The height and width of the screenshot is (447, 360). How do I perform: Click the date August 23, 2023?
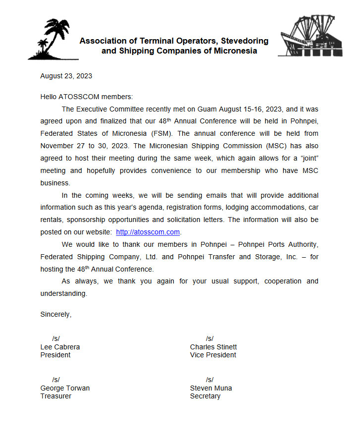coord(66,76)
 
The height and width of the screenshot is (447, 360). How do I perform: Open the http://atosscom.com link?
coord(148,232)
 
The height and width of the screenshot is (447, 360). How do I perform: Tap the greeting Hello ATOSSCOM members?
coord(86,97)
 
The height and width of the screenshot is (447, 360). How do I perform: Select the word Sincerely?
coord(55,314)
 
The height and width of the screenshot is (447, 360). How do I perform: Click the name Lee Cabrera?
coord(60,347)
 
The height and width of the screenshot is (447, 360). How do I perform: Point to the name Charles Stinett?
coord(213,347)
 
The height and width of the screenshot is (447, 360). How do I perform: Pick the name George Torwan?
coord(65,388)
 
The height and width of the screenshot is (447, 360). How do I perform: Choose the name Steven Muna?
coord(211,388)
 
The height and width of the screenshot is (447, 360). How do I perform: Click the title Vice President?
coord(213,355)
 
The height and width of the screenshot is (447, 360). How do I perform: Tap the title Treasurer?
coord(55,396)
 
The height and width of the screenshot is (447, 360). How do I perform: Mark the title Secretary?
coord(205,396)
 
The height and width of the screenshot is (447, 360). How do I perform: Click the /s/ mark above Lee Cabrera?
coord(56,338)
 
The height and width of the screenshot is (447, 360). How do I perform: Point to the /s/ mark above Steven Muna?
coord(210,380)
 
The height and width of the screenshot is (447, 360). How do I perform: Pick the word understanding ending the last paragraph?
coord(63,293)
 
